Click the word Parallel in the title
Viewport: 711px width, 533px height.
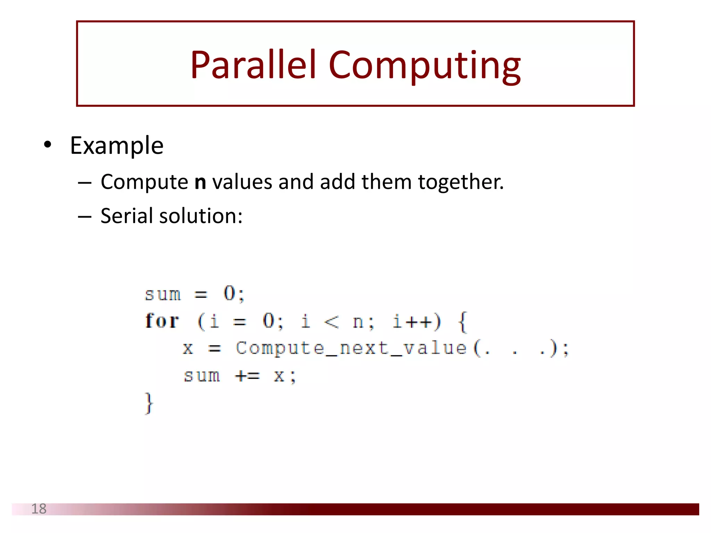(253, 65)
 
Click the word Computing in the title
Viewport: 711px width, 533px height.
(424, 66)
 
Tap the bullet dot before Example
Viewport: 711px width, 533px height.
(48, 144)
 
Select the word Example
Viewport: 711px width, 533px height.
(117, 146)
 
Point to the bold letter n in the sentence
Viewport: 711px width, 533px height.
(200, 182)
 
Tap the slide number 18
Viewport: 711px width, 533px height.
(39, 509)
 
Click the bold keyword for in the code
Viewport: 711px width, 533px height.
(162, 321)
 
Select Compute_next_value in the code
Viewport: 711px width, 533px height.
(351, 348)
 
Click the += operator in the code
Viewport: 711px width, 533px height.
(247, 376)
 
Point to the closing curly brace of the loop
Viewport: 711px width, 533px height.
(149, 403)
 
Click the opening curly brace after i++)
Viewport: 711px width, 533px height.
(463, 321)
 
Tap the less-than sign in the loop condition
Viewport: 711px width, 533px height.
(331, 321)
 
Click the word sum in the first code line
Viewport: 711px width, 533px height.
(163, 295)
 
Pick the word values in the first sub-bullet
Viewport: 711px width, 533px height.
(242, 182)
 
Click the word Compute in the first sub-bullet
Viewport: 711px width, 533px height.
(144, 182)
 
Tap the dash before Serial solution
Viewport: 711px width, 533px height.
(85, 217)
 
